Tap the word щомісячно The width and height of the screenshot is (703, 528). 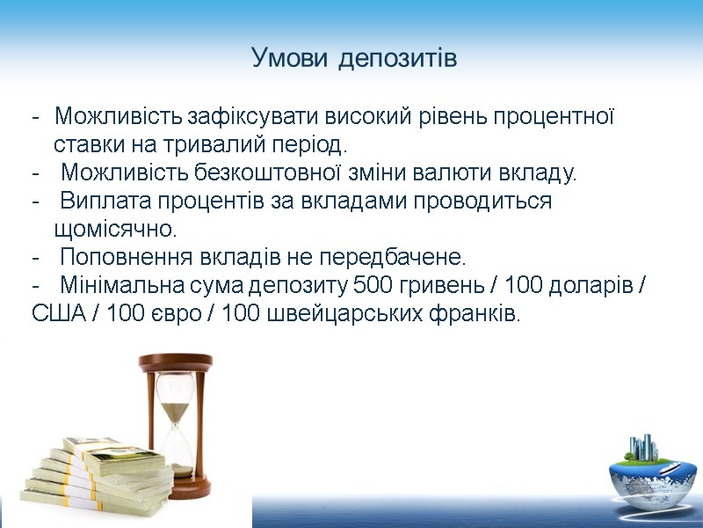114,230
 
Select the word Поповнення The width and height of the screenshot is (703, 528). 123,258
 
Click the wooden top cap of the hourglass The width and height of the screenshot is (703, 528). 176,361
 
